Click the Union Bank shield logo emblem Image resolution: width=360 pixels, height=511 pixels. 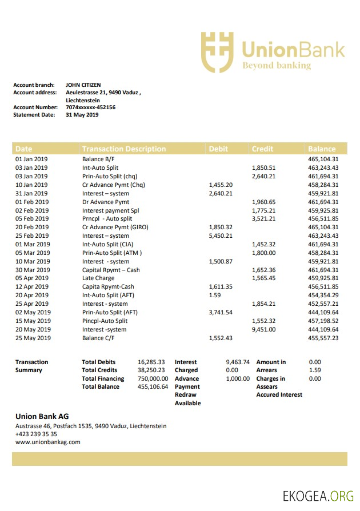[217, 51]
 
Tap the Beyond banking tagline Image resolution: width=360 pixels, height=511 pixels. [277, 65]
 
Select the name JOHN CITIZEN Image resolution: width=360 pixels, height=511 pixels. [83, 85]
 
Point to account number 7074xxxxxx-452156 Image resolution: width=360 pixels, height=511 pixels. [90, 107]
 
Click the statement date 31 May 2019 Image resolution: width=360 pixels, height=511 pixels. [82, 114]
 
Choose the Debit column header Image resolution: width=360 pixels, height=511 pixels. [218, 149]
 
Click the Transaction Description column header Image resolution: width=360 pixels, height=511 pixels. [124, 149]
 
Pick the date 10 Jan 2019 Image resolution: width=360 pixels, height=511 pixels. [31, 185]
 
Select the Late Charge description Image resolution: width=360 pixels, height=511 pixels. [98, 278]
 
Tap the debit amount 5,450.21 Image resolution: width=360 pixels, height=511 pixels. [221, 235]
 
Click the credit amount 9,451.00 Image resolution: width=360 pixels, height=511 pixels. [264, 329]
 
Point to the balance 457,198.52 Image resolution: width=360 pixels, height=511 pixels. [323, 321]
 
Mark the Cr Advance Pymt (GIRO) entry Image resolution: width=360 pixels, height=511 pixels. [115, 227]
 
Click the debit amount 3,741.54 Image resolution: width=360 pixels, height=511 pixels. [221, 312]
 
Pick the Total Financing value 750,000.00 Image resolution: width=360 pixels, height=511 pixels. [153, 378]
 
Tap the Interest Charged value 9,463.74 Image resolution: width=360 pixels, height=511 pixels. [238, 362]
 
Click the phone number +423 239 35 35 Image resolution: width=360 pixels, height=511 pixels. [36, 434]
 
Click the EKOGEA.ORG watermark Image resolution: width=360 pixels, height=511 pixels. [318, 496]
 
